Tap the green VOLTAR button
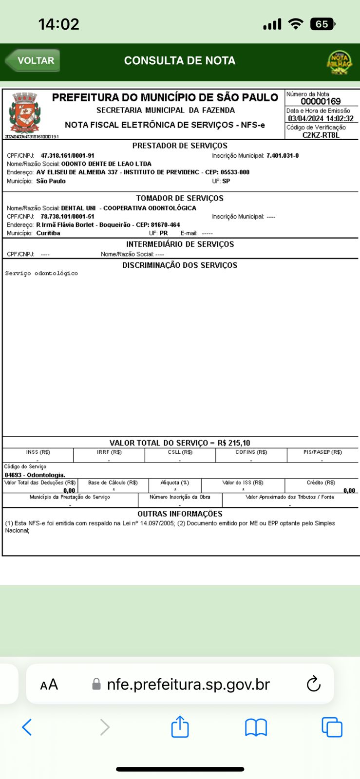(33, 61)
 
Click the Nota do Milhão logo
(339, 62)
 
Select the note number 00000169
(321, 101)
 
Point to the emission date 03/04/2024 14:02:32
(321, 118)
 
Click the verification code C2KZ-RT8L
(321, 135)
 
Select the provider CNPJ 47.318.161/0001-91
(67, 156)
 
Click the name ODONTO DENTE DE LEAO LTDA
(106, 164)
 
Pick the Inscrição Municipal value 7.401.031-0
(283, 156)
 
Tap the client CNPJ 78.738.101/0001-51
(67, 217)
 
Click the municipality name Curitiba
(48, 233)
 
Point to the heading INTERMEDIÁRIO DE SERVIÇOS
(180, 244)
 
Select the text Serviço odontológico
(41, 274)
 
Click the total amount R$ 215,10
(234, 443)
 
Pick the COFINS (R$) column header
(251, 452)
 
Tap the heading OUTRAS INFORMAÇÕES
(180, 514)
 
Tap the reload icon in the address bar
(314, 684)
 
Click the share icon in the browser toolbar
(180, 727)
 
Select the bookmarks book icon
(256, 727)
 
